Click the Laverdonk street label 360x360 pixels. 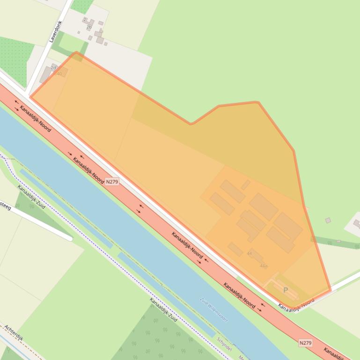(x=55, y=31)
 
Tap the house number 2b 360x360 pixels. (x=89, y=27)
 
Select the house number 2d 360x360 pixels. (x=53, y=67)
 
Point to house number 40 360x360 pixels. (x=59, y=74)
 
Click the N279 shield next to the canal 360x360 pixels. (x=111, y=181)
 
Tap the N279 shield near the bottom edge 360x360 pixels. (x=305, y=343)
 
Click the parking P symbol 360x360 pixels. (x=286, y=290)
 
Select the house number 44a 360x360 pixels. (x=264, y=266)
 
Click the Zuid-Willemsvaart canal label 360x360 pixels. (x=213, y=309)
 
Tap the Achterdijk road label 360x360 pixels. (x=14, y=333)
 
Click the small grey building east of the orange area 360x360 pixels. (x=328, y=220)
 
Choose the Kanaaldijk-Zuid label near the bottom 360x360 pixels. (x=163, y=310)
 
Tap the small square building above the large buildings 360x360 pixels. (x=246, y=185)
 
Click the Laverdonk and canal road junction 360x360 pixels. (x=27, y=92)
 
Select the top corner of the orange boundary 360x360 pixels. (x=76, y=53)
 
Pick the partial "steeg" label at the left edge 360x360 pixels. (x=5, y=206)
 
